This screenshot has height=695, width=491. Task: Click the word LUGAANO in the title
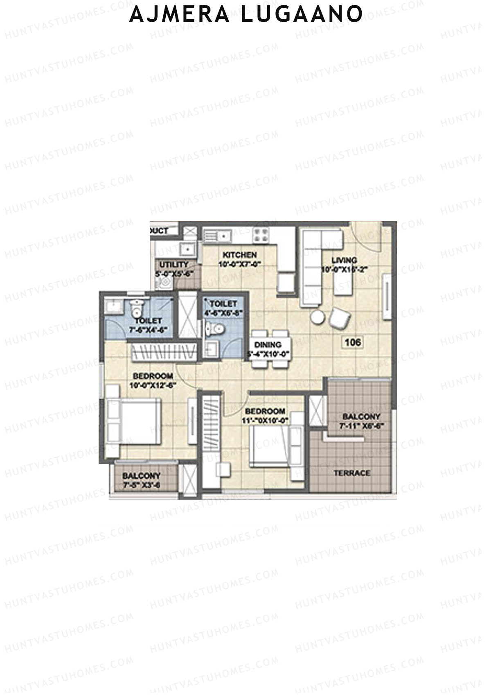pos(301,14)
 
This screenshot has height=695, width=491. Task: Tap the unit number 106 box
pos(353,342)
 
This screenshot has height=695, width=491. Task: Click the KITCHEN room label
pos(239,255)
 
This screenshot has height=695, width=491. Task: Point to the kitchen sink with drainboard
pos(217,236)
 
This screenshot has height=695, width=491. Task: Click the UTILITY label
pos(174,265)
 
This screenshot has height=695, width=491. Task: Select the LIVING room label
pos(344,260)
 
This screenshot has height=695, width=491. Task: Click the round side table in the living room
pos(318,317)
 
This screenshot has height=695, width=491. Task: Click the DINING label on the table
pos(268,345)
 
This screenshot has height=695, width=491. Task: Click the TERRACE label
pos(351,473)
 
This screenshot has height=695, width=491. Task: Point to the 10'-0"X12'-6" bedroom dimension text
pos(153,385)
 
